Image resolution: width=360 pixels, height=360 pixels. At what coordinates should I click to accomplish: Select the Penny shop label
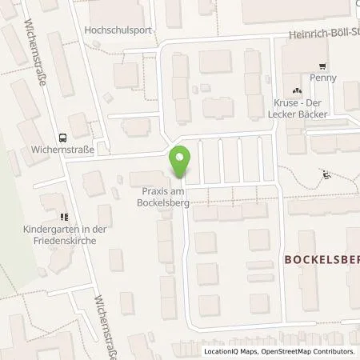point(324,78)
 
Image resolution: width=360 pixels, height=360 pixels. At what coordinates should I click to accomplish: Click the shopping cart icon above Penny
point(323,66)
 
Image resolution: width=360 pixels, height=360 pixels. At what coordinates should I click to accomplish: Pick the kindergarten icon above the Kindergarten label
point(62,216)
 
